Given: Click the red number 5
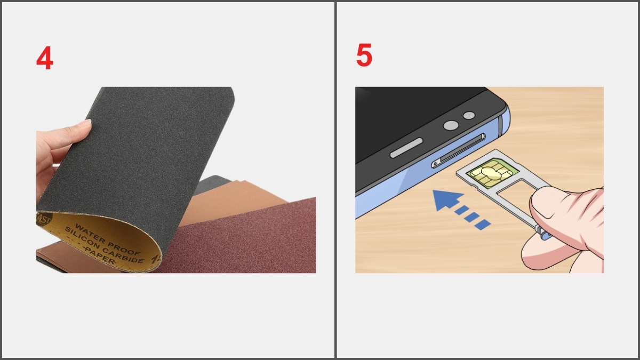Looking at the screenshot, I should coord(364,55).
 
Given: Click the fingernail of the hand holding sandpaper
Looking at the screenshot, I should coord(84,124).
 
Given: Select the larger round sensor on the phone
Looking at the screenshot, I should coord(451,125).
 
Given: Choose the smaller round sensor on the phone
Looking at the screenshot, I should coord(469,116).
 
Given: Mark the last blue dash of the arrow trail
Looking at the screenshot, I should coord(482,225).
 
